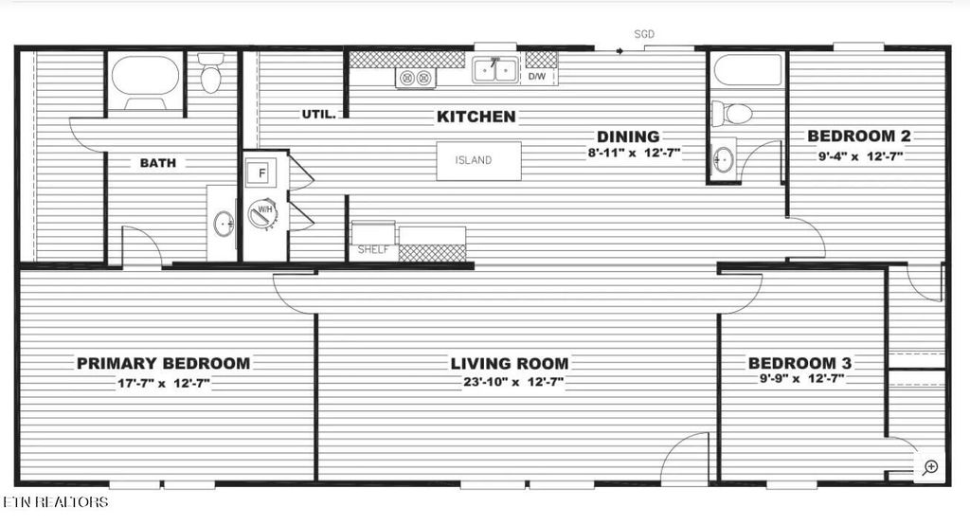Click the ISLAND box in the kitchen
click(478, 160)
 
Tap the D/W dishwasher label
click(536, 75)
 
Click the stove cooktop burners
click(416, 78)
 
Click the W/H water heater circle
click(262, 213)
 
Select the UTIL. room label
click(318, 114)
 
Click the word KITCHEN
click(476, 117)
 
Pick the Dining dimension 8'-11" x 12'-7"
click(632, 152)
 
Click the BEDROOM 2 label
click(859, 136)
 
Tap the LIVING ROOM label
click(509, 363)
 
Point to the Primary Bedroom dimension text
click(163, 383)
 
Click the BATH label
click(157, 163)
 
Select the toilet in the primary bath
click(210, 74)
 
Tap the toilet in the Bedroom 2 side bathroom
click(732, 114)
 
